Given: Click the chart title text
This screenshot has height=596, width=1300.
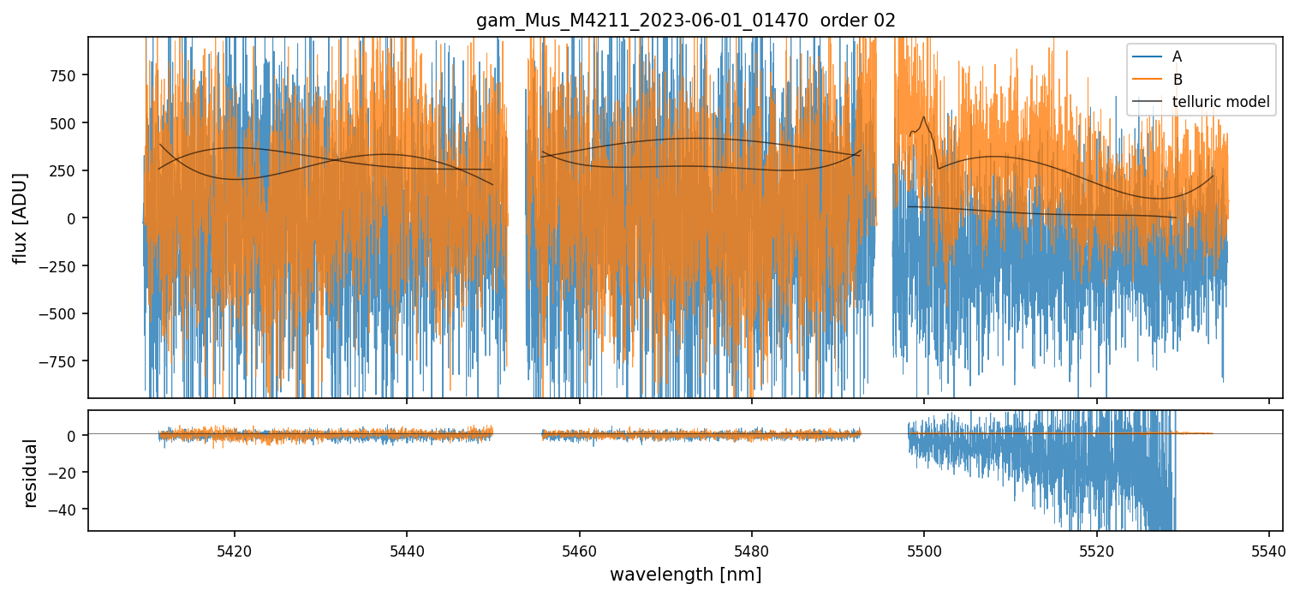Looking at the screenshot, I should pos(685,21).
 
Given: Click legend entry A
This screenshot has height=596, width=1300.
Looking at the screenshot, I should pos(1177,57).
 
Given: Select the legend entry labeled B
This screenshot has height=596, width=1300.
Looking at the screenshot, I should pos(1177,80).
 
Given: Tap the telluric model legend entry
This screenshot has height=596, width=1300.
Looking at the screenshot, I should pos(1220,103).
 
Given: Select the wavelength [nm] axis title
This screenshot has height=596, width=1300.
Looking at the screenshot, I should pos(685,574).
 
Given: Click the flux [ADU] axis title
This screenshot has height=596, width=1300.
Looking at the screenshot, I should pos(20,218).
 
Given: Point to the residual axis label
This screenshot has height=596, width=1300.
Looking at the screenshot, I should pos(31,473).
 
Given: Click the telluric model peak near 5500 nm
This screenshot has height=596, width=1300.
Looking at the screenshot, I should pos(924,117).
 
